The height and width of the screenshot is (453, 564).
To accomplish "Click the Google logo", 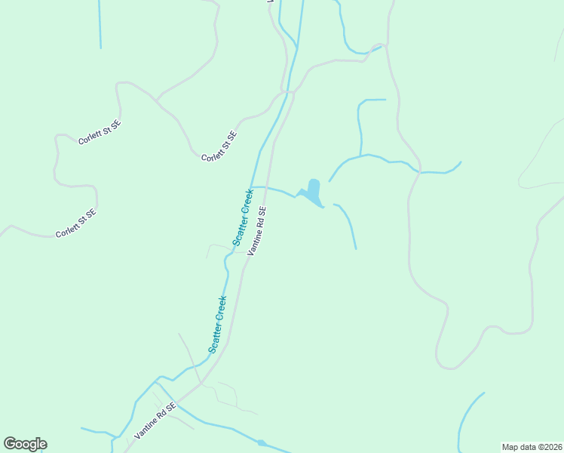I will pyautogui.click(x=25, y=444).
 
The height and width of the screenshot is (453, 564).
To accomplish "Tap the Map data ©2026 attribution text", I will pyautogui.click(x=532, y=447).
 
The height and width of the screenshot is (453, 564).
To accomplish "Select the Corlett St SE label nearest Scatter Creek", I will pyautogui.click(x=219, y=146).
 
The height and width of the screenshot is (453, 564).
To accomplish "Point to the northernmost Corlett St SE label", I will pyautogui.click(x=99, y=131).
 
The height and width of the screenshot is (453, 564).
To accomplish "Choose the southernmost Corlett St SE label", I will pyautogui.click(x=75, y=223).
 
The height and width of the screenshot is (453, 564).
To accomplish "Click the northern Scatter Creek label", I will pyautogui.click(x=242, y=217).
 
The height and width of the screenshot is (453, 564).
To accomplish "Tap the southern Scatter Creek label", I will pyautogui.click(x=218, y=324).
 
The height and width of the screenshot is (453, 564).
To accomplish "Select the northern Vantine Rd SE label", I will pyautogui.click(x=257, y=230).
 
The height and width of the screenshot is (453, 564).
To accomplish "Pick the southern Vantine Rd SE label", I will pyautogui.click(x=155, y=421).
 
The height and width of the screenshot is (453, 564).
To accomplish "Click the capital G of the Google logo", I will pyautogui.click(x=11, y=444).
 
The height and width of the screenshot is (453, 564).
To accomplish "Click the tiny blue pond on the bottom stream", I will pyautogui.click(x=261, y=442).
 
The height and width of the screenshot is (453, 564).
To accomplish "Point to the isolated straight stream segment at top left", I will pyautogui.click(x=100, y=24).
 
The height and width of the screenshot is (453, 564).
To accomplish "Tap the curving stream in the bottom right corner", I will pyautogui.click(x=464, y=419).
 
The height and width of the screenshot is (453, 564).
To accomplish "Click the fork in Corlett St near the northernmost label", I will pyautogui.click(x=157, y=99).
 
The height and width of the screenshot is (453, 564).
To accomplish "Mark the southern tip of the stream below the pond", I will pyautogui.click(x=356, y=248).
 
